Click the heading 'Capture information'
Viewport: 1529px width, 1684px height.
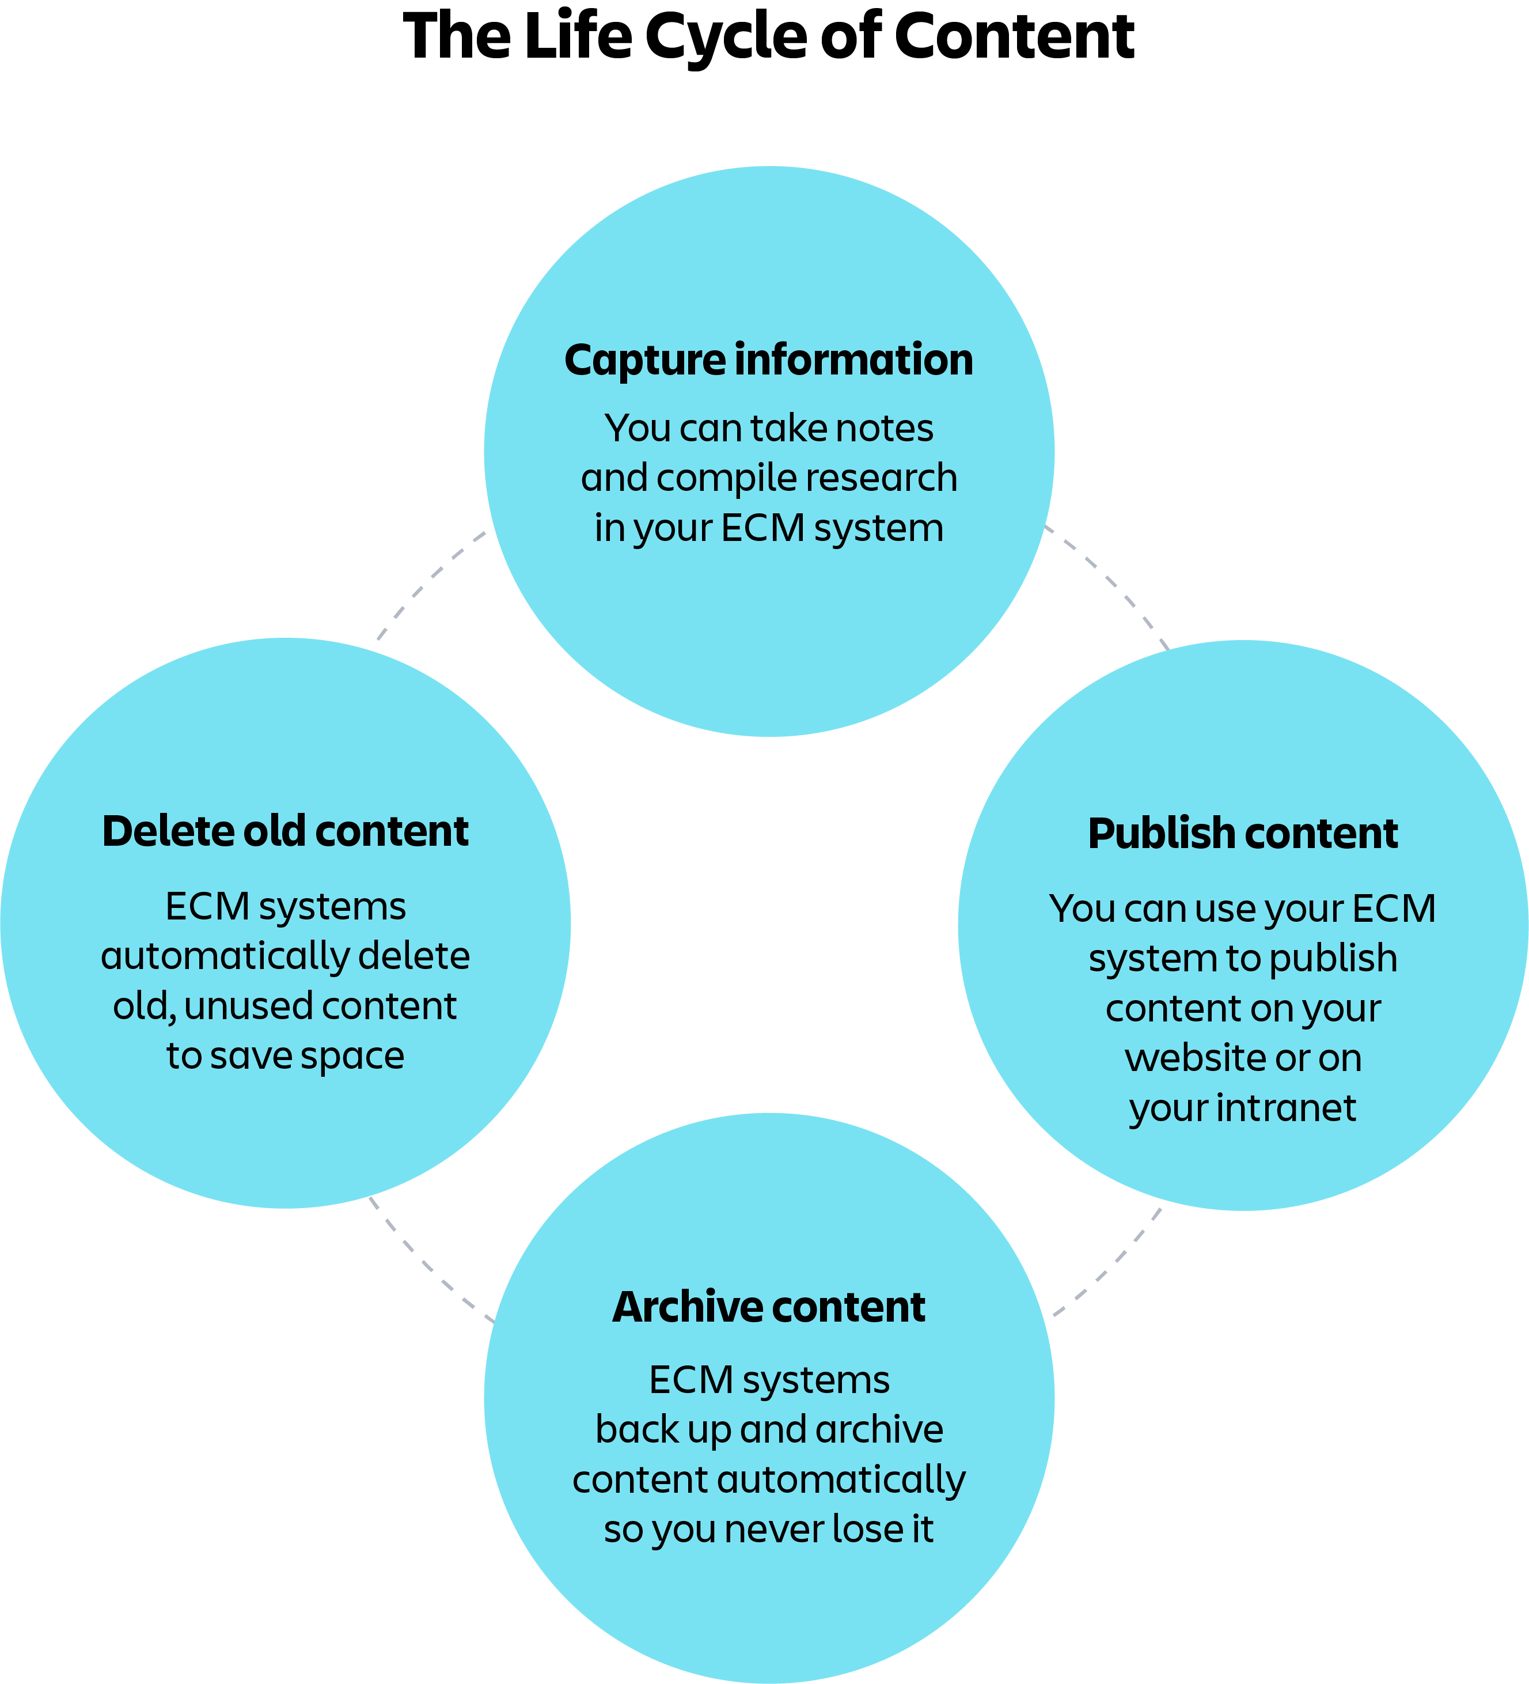click(768, 360)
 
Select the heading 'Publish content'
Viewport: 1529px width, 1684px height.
click(1243, 834)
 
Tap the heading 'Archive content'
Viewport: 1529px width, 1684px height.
click(768, 1307)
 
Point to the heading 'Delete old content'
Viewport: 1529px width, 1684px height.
click(284, 831)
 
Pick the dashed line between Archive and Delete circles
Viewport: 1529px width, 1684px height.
click(426, 1266)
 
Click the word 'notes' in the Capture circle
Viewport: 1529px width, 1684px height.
click(885, 429)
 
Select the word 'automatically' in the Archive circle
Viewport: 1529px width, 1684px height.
click(841, 1479)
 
